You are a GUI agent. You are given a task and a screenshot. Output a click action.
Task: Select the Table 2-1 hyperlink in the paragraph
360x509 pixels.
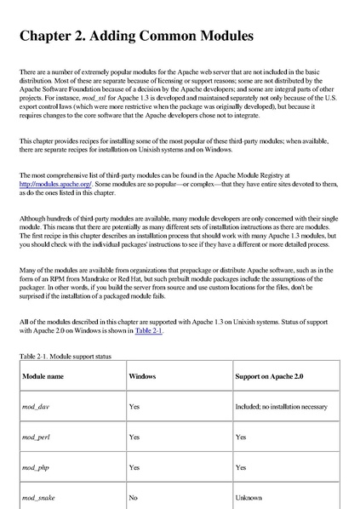[148, 330]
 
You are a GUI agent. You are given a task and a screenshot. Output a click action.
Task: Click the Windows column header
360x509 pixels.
[142, 375]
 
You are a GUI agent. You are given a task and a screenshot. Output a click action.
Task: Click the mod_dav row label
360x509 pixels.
[35, 406]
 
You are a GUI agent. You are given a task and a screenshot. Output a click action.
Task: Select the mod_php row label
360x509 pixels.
[36, 466]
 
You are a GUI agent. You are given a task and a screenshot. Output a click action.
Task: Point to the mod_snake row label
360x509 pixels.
[38, 496]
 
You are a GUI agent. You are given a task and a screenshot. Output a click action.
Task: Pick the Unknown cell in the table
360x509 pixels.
[249, 496]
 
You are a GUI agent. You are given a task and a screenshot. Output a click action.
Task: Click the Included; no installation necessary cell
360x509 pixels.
[281, 406]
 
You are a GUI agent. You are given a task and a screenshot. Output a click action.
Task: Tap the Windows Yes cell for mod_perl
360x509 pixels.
[134, 437]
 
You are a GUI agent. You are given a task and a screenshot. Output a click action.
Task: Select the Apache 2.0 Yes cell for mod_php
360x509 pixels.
[241, 466]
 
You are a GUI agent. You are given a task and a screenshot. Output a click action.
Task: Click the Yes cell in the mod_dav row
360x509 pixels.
[134, 406]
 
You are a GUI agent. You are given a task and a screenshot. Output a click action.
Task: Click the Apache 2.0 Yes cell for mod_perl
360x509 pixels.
[241, 437]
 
